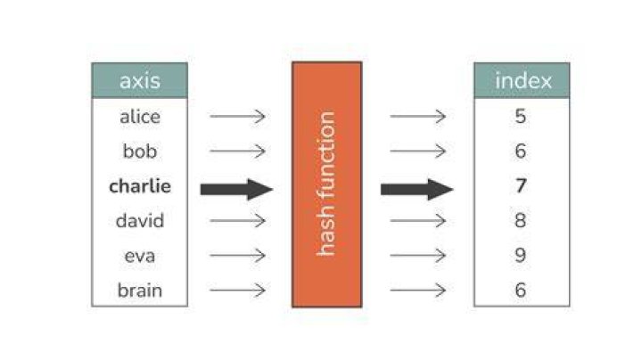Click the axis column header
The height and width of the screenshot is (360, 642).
140,80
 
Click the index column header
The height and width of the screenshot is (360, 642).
522,80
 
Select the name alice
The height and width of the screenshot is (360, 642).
140,117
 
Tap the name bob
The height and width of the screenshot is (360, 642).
140,151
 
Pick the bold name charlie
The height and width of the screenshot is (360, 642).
140,186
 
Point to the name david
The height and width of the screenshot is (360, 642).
140,221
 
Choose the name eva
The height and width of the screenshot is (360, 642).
140,256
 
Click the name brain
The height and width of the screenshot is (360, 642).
140,290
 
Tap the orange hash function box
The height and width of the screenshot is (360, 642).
326,184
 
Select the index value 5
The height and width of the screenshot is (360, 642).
521,116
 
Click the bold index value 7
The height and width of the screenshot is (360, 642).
521,185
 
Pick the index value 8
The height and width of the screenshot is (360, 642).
521,220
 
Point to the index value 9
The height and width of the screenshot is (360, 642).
521,255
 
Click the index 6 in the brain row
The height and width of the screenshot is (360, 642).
521,290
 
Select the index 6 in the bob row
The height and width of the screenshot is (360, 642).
521,151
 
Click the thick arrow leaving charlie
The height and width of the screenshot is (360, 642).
236,190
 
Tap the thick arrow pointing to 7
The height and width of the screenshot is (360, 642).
416,190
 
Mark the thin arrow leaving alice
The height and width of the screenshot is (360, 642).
237,117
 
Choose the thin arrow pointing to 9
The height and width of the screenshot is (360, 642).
418,256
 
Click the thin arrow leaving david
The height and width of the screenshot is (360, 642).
237,221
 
